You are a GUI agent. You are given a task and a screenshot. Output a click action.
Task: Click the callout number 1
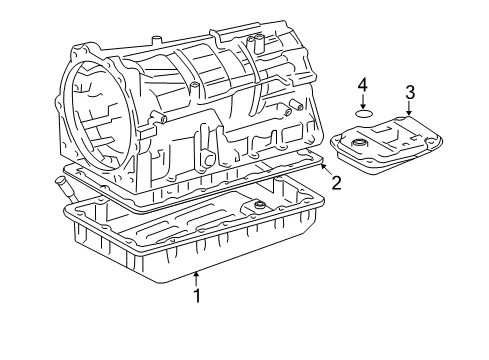pyautogui.click(x=197, y=295)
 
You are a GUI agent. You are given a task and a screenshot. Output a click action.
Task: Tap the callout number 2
pyautogui.click(x=337, y=182)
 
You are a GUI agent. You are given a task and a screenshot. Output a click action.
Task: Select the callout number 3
pyautogui.click(x=410, y=93)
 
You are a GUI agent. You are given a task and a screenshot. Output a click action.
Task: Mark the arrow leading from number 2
pyautogui.click(x=324, y=167)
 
